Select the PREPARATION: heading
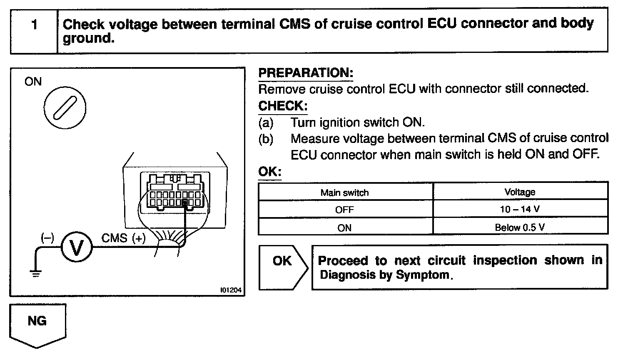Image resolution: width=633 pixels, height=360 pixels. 306,73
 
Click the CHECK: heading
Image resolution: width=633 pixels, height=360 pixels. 283,106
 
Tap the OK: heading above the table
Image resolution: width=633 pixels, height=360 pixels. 270,172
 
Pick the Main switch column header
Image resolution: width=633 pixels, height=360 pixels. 344,192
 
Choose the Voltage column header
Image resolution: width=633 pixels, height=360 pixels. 520,192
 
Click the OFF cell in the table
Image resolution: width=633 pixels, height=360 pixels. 344,210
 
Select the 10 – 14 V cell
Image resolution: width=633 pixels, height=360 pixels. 520,209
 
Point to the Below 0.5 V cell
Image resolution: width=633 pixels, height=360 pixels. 520,227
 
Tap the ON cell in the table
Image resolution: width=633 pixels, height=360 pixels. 344,228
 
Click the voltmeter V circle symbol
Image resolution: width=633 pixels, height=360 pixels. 77,247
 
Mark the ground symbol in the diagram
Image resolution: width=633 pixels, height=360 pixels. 36,273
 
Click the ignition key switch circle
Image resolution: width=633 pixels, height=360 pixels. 65,107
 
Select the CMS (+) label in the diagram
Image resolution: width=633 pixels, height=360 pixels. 124,238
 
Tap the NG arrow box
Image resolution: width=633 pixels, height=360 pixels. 37,323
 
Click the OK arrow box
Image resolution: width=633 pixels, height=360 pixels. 283,267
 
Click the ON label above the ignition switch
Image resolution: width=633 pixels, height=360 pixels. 33,81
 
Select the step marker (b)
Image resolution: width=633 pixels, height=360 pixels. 266,139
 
